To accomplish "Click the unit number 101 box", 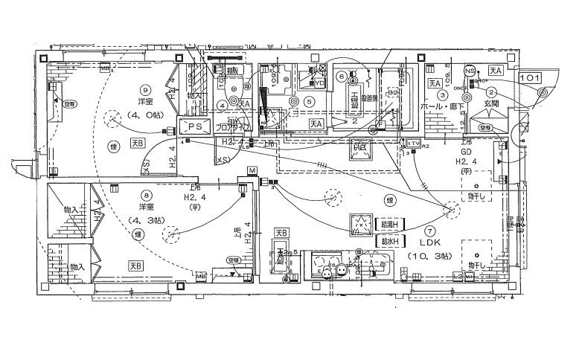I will click(x=530, y=77).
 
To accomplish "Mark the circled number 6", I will click(x=342, y=76).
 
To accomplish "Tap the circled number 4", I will click(x=223, y=105).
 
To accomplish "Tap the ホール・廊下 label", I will click(x=444, y=107).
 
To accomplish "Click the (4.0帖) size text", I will click(x=144, y=115).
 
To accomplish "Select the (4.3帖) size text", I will click(x=144, y=221).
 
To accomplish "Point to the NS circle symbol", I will click(x=469, y=71).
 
